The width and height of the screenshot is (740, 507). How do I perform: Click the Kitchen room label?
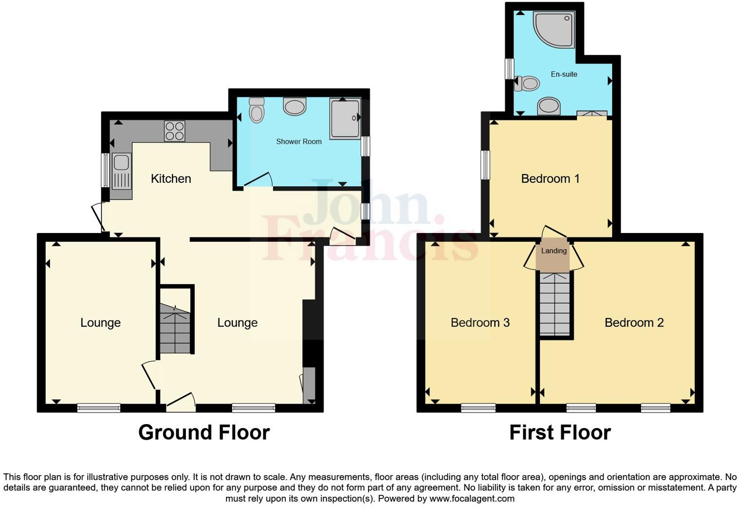(x=171, y=178)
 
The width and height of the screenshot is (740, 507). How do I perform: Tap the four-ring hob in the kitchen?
(x=174, y=131)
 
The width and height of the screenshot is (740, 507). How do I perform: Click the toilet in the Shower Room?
(x=256, y=111)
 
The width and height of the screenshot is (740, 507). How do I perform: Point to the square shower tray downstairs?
(x=345, y=118)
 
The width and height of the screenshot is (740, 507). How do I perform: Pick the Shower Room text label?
(x=298, y=141)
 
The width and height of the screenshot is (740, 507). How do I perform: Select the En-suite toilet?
(x=528, y=83)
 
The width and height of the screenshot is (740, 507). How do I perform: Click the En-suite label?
(x=564, y=74)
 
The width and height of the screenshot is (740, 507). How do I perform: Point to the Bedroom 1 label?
(x=550, y=178)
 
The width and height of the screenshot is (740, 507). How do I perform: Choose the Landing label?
(x=554, y=251)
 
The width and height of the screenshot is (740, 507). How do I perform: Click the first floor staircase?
(x=555, y=304)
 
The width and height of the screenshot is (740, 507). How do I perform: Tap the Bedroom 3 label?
(x=480, y=322)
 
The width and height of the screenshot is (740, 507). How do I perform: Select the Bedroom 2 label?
(x=634, y=322)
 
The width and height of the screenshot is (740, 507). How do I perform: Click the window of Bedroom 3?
(x=479, y=408)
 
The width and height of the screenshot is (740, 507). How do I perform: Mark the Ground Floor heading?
(x=204, y=432)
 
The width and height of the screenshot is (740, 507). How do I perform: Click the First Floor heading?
(x=560, y=432)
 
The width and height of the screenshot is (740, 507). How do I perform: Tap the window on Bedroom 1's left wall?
(x=485, y=165)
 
